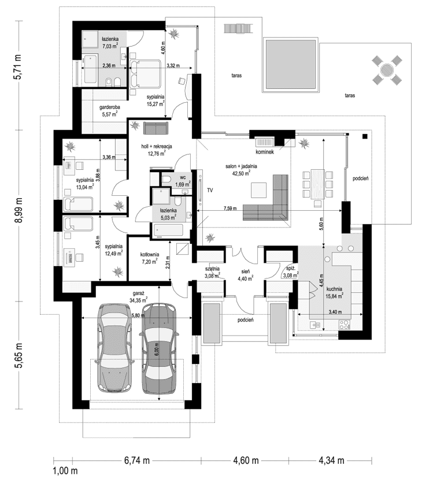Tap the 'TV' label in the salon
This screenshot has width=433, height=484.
pos(209,189)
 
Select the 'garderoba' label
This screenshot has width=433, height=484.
pos(109,106)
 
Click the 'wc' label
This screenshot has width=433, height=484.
pos(182,177)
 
